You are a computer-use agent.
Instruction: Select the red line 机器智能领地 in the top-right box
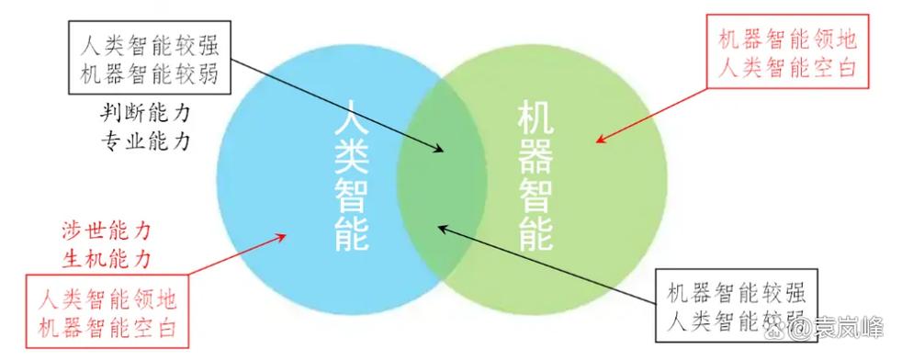pos(786,40)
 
